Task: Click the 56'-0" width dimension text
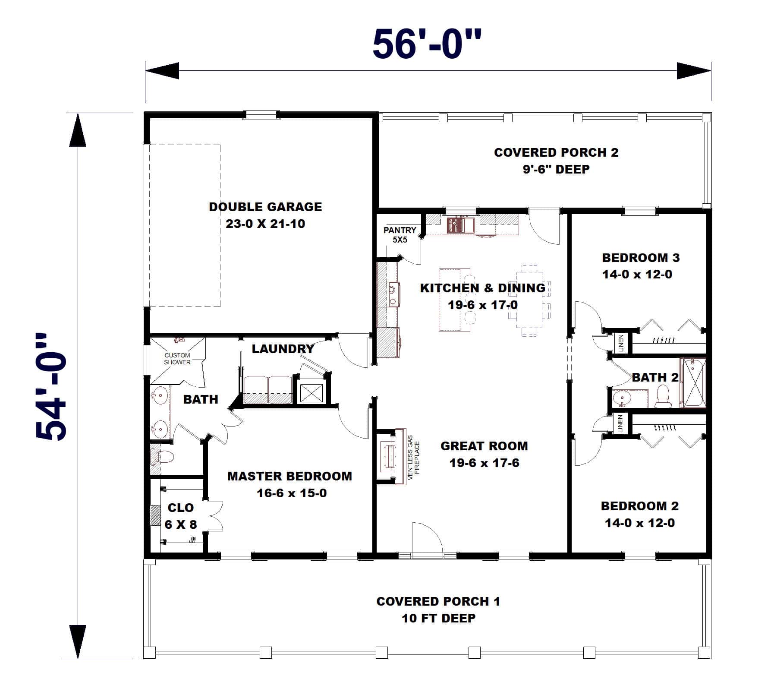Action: [426, 44]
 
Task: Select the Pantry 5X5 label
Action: [400, 234]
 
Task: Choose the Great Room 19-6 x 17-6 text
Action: [484, 454]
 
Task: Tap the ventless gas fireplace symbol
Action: [387, 455]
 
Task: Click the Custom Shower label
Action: [177, 359]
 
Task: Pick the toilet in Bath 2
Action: [662, 396]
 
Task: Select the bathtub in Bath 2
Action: [693, 382]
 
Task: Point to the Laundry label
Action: [283, 349]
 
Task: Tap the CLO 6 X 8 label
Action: [181, 516]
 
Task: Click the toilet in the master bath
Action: [163, 456]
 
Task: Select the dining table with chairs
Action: [529, 300]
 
